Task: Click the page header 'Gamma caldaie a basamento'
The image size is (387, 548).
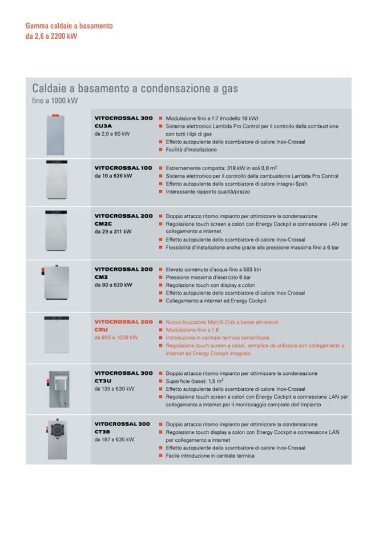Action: tap(69, 26)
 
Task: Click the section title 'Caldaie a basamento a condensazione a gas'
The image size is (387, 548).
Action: tap(135, 89)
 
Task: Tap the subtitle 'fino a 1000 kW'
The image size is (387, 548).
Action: tap(55, 101)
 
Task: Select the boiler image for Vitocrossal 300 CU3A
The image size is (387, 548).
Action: tap(57, 134)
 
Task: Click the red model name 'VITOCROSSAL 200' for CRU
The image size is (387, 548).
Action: tap(123, 322)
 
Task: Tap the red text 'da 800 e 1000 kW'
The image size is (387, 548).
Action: tap(117, 338)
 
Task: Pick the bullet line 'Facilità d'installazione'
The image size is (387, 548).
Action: tap(191, 150)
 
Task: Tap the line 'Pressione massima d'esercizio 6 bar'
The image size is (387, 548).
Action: tap(207, 277)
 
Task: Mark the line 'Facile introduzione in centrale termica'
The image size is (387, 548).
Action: tap(210, 456)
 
